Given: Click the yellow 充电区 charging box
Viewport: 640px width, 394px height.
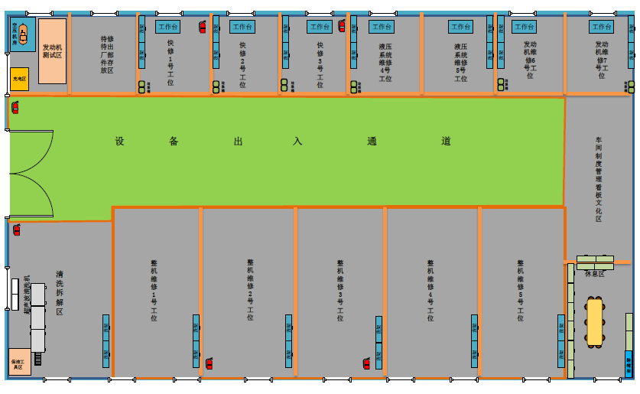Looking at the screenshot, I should pos(19,79).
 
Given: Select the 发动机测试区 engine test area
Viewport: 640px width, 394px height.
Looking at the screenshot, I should pos(53,51).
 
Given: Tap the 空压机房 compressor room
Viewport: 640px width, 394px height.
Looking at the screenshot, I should pos(22,34).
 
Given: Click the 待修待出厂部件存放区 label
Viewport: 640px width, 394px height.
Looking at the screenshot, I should pos(107,54).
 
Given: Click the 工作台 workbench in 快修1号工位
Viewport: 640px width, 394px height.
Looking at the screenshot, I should pos(167,27).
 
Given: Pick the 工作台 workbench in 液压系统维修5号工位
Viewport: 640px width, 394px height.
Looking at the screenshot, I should pos(460,27).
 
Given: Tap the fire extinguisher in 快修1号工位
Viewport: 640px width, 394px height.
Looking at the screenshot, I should pos(203,27).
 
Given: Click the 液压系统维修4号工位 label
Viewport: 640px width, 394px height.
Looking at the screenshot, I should pos(385,63).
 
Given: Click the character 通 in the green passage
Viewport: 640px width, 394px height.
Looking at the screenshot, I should pos(372,142).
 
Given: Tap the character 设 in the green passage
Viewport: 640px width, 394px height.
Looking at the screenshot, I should pos(119,142).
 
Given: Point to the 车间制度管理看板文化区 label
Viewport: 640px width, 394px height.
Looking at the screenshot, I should pos(599,180).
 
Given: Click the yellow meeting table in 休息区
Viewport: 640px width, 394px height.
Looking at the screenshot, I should pos(594,321).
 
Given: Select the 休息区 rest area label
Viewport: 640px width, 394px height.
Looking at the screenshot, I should pos(594,273).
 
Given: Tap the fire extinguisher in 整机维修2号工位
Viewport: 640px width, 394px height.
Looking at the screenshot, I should pos(209,363).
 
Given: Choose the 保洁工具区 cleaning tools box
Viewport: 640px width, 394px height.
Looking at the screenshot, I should pos(18,364).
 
